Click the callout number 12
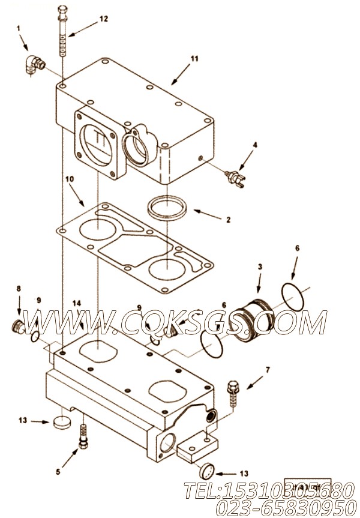(104, 19)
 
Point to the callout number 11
(194, 59)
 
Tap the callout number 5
(58, 472)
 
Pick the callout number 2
(228, 220)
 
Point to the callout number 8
(19, 289)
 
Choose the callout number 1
(18, 28)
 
